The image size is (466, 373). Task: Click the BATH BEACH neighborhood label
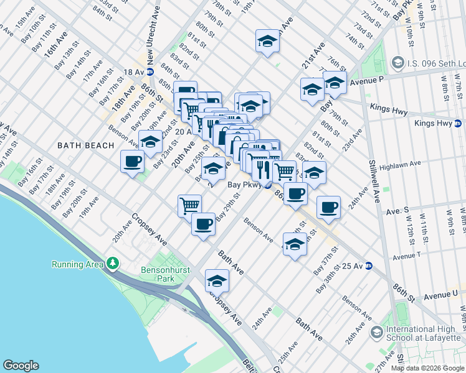(85, 145)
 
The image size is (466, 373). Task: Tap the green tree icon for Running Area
(112, 264)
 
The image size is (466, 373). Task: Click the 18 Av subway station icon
(150, 73)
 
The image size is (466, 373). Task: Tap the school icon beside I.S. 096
(397, 63)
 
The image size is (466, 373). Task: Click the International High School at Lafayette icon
(376, 333)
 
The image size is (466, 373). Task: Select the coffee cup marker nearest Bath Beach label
(132, 162)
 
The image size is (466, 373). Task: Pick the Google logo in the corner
(21, 366)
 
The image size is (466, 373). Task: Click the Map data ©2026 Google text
(427, 368)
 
